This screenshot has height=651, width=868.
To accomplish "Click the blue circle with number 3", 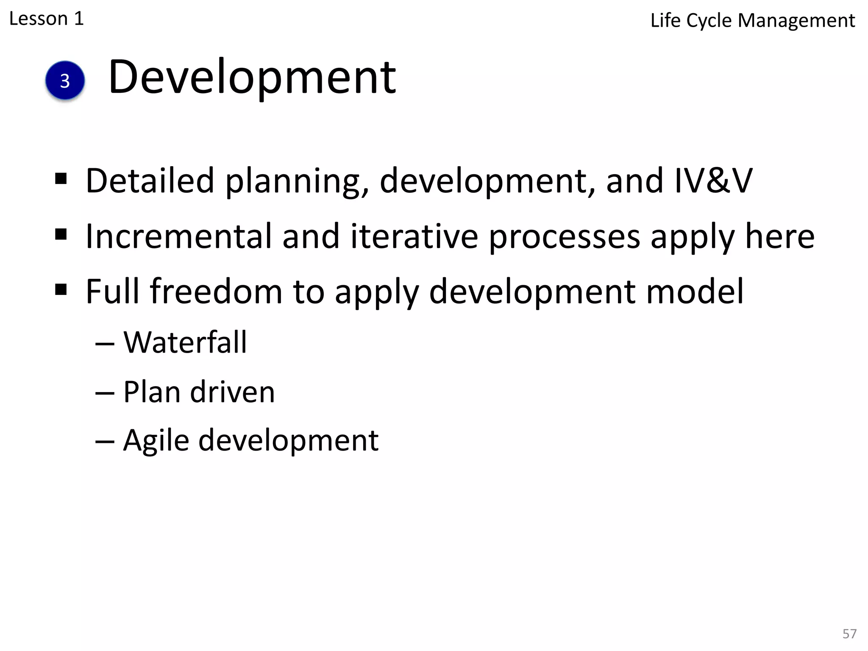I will pyautogui.click(x=65, y=81).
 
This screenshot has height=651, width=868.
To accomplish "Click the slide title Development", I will pyautogui.click(x=252, y=77).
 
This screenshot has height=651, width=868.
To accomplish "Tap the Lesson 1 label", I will pyautogui.click(x=46, y=19).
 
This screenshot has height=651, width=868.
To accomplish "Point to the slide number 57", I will pyautogui.click(x=849, y=634).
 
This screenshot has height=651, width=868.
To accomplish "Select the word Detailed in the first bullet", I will pyautogui.click(x=150, y=181).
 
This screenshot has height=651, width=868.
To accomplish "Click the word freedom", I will pyautogui.click(x=216, y=292).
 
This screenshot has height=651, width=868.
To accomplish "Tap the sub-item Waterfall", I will pyautogui.click(x=185, y=342).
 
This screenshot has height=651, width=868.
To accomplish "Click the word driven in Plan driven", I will pyautogui.click(x=232, y=392).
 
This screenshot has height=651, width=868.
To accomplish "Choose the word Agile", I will pyautogui.click(x=156, y=441).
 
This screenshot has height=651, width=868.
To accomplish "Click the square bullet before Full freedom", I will pyautogui.click(x=61, y=290).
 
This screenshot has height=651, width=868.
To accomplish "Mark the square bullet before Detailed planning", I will pyautogui.click(x=61, y=179).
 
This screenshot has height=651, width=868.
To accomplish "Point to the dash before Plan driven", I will pyautogui.click(x=105, y=393).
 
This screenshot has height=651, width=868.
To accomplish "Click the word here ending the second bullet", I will pyautogui.click(x=779, y=236).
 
